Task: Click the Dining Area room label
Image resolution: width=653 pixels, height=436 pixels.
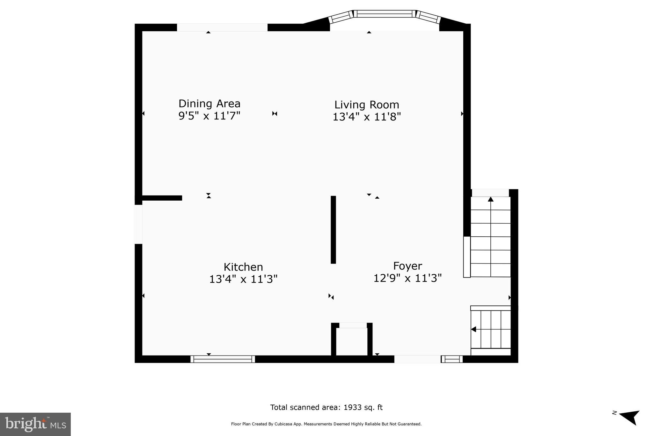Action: click(x=209, y=103)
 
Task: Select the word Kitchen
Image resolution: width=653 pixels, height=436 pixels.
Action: click(x=243, y=267)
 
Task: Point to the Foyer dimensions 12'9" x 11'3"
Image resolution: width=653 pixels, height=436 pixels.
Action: click(x=407, y=278)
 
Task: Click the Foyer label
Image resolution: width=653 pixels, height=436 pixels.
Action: click(x=407, y=266)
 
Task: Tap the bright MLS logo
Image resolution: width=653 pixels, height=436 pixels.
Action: click(x=35, y=424)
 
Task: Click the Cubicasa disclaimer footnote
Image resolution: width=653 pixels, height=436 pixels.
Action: click(x=326, y=424)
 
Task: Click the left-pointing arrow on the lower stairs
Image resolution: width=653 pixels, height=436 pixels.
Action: click(x=473, y=329)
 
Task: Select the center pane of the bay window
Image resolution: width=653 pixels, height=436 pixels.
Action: click(x=385, y=14)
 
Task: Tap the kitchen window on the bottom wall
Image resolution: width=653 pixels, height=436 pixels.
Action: click(x=223, y=359)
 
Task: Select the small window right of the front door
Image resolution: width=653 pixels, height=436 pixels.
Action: click(x=451, y=359)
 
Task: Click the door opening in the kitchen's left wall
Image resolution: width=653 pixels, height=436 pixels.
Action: click(x=138, y=224)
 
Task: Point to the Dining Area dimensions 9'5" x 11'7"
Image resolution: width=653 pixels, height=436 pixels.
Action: click(x=209, y=116)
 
